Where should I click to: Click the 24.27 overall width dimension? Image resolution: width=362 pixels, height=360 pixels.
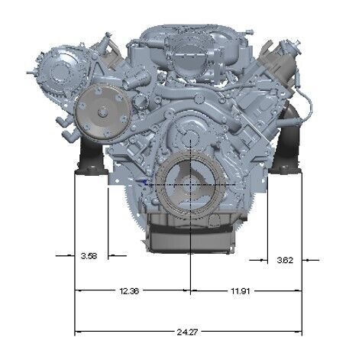pos(183,332)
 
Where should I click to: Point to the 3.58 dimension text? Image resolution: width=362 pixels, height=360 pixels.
pos(89,256)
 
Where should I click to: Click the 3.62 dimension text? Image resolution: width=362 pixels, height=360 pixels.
pos(284,261)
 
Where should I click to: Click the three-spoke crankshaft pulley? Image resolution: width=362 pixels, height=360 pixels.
pos(188,187)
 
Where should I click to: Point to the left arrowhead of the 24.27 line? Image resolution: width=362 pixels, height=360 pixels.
pos(77,332)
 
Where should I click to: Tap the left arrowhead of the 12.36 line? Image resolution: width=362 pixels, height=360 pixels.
pos(77,291)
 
